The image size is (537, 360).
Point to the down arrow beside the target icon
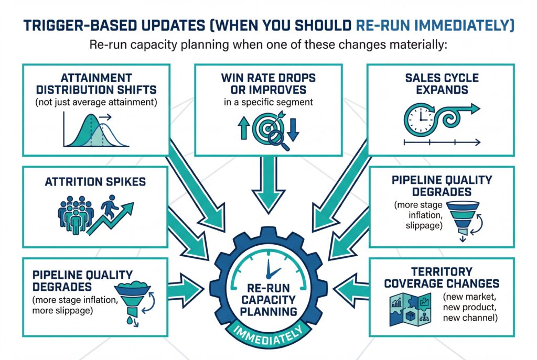pyautogui.click(x=293, y=128)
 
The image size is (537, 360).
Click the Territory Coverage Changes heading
pyautogui.click(x=442, y=278)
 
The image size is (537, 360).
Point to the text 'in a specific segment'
pyautogui.click(x=267, y=102)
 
